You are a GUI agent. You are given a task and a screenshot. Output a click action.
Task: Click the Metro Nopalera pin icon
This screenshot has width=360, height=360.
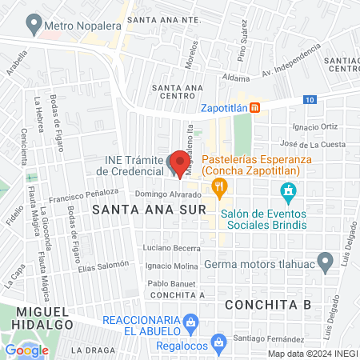pyautogui.click(x=33, y=25)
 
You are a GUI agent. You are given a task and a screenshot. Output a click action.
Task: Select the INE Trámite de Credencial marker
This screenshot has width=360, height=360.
pyautogui.click(x=174, y=164)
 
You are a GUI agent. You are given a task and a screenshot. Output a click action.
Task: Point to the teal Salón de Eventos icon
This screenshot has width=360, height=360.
pyautogui.click(x=289, y=192)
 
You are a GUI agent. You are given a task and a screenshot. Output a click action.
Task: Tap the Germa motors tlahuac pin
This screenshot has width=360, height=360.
pyautogui.click(x=325, y=262)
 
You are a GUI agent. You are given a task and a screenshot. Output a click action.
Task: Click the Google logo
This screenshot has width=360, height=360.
pyautogui.click(x=26, y=350)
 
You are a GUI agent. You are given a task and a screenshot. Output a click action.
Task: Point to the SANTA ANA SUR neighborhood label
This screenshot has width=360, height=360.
pyautogui.click(x=132, y=210)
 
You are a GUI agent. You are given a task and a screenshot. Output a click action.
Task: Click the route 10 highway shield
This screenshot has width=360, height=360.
pyautogui.click(x=310, y=99)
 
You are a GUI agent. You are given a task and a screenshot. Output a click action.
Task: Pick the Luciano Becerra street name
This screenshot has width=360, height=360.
pyautogui.click(x=170, y=249)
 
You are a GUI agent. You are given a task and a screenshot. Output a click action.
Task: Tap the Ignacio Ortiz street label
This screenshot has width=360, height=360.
pyautogui.click(x=316, y=127)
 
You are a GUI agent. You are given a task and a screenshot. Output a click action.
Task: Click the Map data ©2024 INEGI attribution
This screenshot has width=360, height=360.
pyautogui.click(x=312, y=354)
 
